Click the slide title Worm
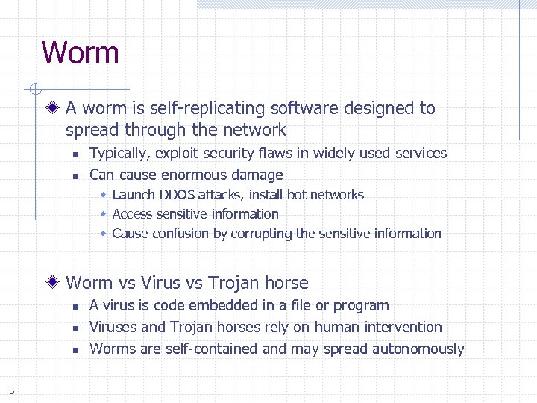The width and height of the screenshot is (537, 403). click(80, 53)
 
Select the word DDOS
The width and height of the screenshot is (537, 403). click(177, 195)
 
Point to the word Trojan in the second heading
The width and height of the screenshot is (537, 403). click(233, 283)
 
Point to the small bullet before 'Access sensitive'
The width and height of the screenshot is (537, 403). click(104, 214)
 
